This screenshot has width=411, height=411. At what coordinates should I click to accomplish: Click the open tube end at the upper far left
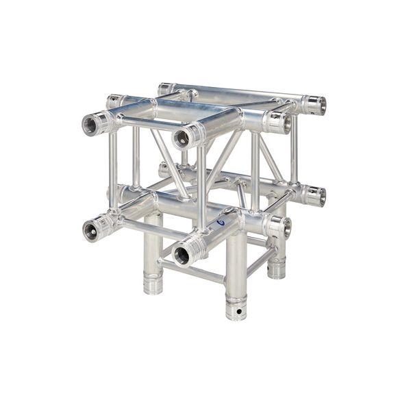(92, 125)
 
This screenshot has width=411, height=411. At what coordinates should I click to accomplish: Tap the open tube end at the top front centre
(182, 138)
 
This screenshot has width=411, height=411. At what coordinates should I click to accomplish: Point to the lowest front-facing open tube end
(182, 255)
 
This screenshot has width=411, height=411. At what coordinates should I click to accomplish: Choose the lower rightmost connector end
(315, 197)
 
